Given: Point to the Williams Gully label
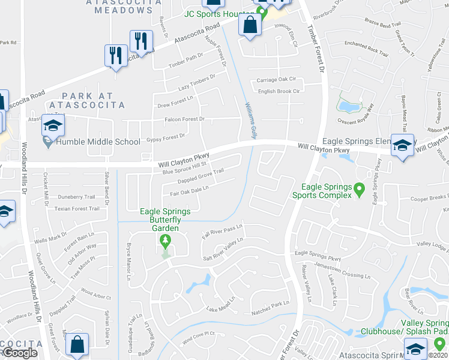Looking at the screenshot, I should (252, 121).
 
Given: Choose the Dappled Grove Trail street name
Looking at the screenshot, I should (200, 176).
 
